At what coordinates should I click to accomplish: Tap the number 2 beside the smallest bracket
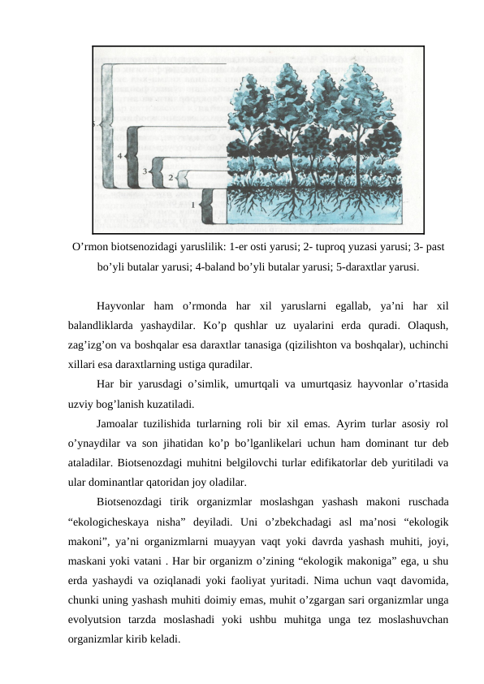coord(171,176)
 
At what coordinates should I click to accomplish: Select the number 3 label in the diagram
coord(145,172)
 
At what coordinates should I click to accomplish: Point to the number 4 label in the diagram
coord(120,154)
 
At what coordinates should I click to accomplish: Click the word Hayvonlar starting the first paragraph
coord(122,306)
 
